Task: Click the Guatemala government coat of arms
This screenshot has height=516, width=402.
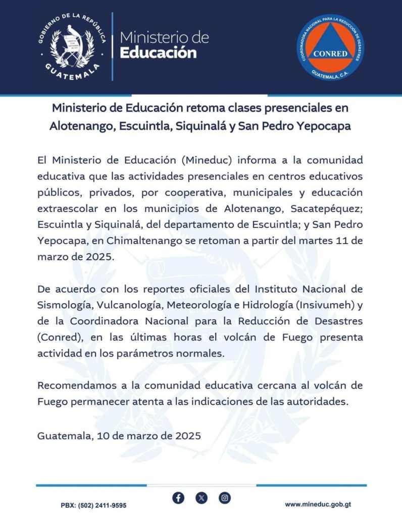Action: click(x=72, y=46)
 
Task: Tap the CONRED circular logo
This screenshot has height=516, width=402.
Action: click(x=330, y=47)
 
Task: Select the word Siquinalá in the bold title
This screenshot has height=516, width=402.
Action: click(x=201, y=126)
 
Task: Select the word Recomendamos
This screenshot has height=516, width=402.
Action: click(x=76, y=386)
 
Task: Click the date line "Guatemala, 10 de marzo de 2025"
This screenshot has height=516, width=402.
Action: click(x=119, y=435)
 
